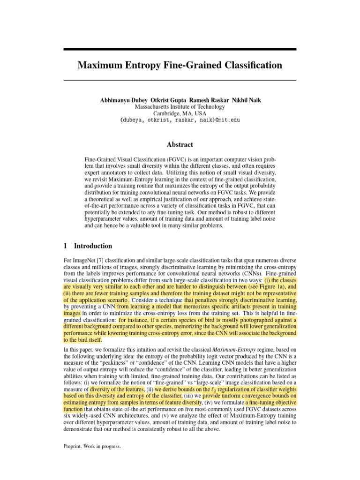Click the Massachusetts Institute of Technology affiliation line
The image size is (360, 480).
180,107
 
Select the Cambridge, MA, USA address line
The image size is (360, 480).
180,113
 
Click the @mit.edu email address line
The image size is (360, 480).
180,120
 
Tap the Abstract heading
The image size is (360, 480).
180,144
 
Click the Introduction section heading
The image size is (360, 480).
93,246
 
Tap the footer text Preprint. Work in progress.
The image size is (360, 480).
92,447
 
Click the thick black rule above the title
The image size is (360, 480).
180,49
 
